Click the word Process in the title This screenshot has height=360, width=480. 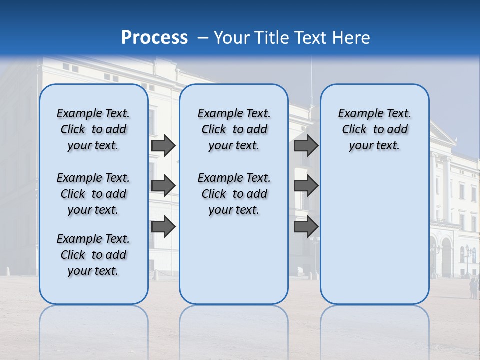(x=154, y=38)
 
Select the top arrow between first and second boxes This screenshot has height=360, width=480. (x=163, y=146)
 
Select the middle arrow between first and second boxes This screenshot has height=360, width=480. (x=163, y=186)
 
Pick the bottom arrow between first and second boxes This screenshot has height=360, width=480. (x=163, y=227)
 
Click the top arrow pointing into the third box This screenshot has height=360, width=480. (x=306, y=146)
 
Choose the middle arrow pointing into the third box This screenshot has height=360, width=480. (x=306, y=186)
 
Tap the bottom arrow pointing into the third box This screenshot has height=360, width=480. (x=306, y=227)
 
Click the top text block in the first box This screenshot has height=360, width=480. (x=93, y=129)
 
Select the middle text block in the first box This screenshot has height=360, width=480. (x=93, y=194)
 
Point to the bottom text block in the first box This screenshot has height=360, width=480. (x=93, y=255)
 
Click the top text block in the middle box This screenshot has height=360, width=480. (x=234, y=129)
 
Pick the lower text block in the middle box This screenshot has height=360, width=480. (x=234, y=194)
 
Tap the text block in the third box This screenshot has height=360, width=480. (x=374, y=129)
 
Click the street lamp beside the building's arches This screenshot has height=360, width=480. (x=468, y=257)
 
